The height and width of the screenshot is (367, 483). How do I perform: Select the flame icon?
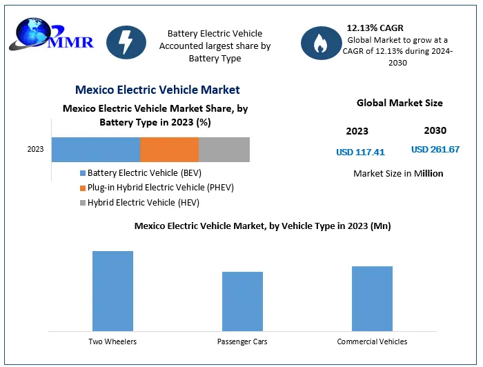coord(320,44)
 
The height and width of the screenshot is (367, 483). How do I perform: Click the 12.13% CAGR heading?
coord(375,28)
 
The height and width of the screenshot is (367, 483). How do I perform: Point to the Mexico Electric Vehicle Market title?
coord(157,90)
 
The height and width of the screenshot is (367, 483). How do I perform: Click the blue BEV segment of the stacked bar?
coord(96,149)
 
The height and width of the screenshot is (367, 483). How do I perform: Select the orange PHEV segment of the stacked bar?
coord(169,149)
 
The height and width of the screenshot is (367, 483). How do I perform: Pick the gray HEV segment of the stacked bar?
coord(224,149)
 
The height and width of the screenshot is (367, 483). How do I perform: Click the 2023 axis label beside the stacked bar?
coord(36,149)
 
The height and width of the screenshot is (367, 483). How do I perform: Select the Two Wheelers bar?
coord(112,290)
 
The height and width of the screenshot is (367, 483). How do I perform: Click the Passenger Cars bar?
coord(242,301)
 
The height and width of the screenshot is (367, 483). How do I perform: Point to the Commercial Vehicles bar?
coord(372,298)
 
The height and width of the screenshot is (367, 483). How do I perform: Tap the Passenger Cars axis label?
coord(242,341)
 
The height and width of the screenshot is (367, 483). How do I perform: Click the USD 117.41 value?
coord(360,152)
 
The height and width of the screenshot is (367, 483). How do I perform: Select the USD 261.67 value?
coord(435,150)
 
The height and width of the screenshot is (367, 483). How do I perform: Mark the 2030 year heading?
coord(435,130)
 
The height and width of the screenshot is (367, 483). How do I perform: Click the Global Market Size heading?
coord(400,103)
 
